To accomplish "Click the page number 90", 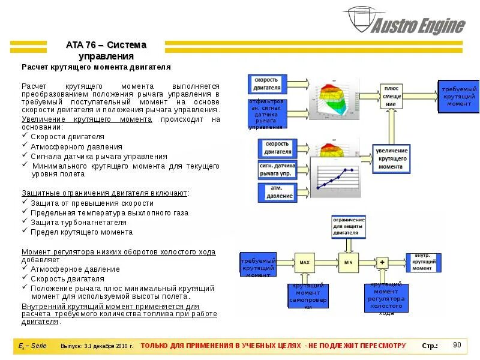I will coord(457,344).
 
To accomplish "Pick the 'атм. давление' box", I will coord(277,191).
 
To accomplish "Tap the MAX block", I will coord(304,262).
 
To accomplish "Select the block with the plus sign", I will coord(382,262).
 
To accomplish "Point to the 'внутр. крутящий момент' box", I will coord(426,262).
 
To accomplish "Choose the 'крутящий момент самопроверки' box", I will coord(308,296).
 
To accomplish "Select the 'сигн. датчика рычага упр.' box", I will coord(277,169).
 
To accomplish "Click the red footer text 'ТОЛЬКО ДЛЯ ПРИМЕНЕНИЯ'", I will coord(273,346).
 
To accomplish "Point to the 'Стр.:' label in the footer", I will coord(430,346).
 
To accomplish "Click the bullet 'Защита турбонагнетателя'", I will coord(79,222).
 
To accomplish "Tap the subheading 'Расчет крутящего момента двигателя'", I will coord(97,67).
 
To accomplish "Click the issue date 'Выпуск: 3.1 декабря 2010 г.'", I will coord(96,346).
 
